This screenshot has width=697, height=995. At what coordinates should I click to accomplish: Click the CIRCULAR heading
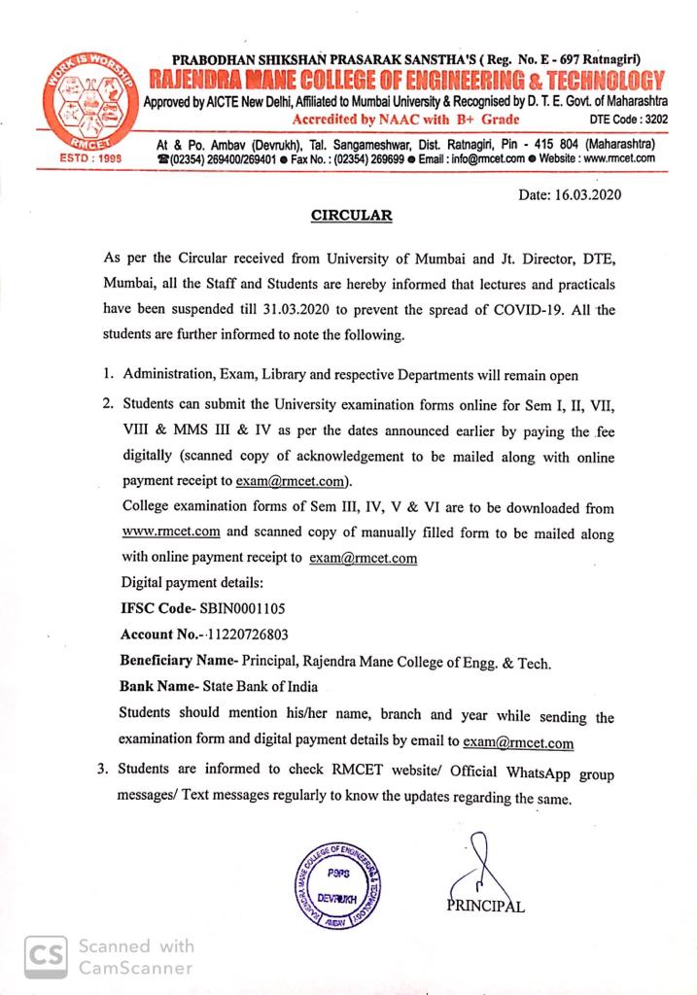[351, 216]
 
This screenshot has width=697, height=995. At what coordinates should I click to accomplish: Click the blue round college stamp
[338, 887]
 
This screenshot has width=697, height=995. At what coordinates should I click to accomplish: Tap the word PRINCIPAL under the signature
[487, 907]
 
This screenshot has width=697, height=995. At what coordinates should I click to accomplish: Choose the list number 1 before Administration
[106, 375]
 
